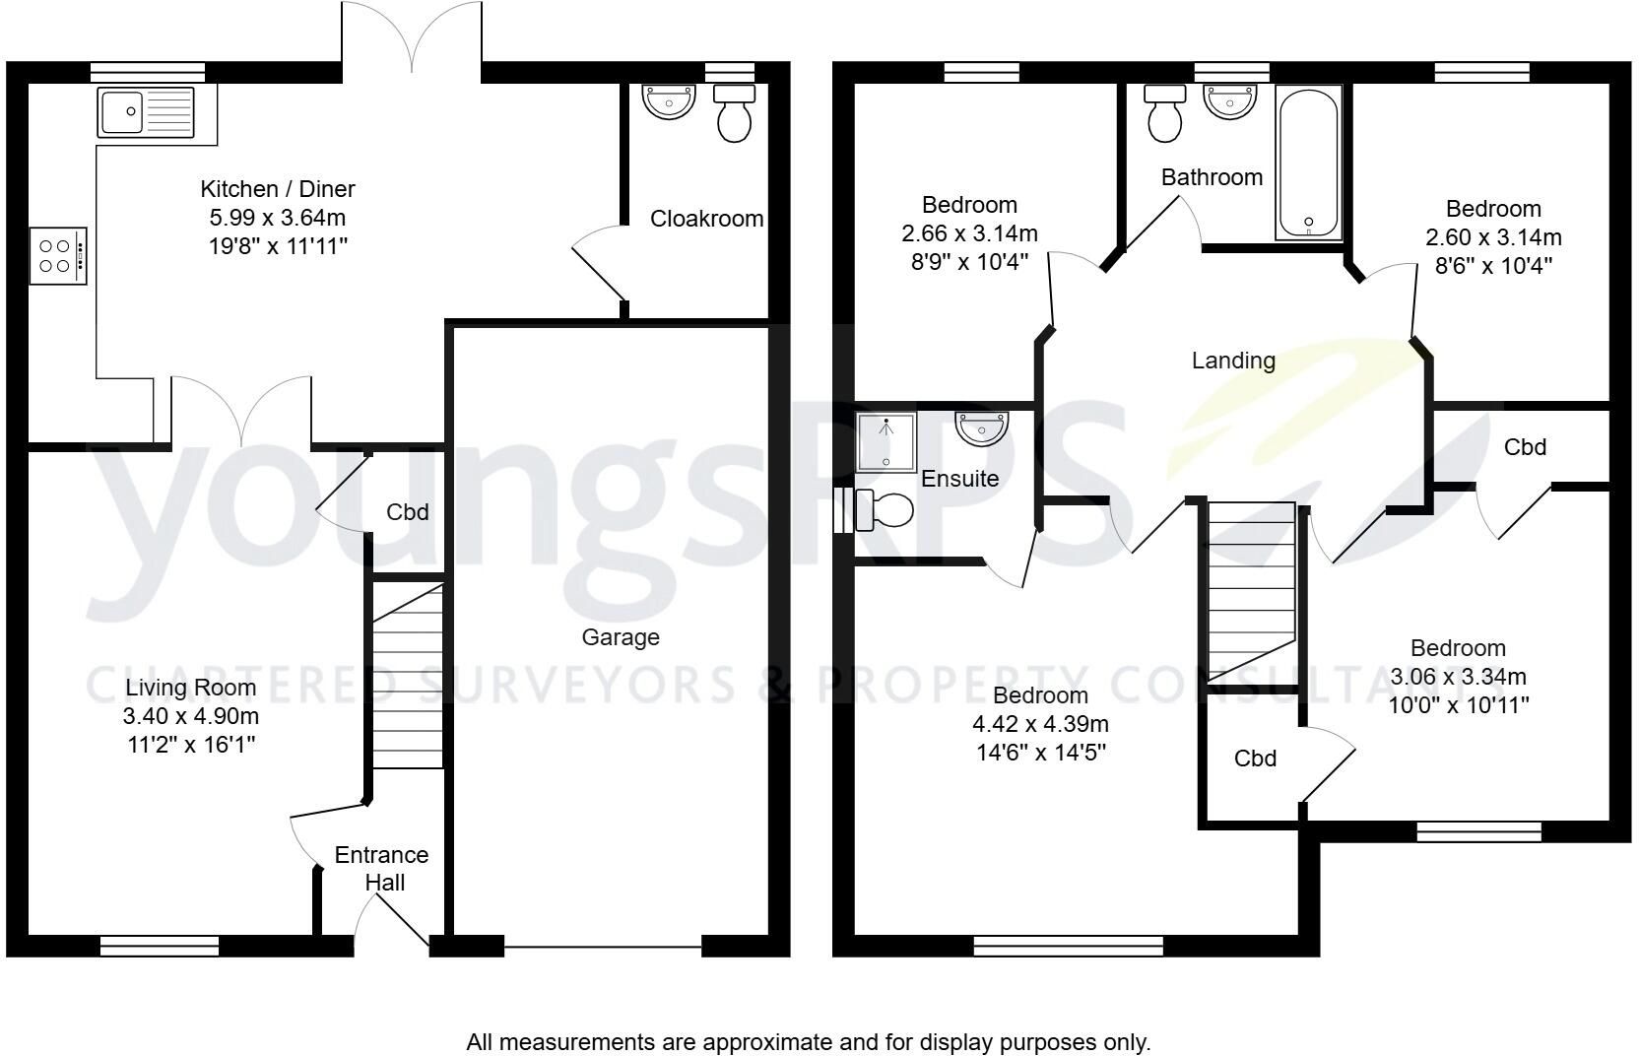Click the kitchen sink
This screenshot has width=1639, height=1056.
coord(146,112)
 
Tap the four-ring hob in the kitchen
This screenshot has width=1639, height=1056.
coord(58,255)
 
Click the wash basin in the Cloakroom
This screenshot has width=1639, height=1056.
coord(669,101)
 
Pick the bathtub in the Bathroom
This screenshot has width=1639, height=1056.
coord(1308,164)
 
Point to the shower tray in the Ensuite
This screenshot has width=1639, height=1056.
coord(886,442)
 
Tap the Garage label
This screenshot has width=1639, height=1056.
coord(621,637)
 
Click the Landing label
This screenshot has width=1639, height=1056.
coord(1233,361)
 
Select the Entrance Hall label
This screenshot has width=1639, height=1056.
coord(382,869)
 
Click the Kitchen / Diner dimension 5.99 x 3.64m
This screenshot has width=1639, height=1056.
coord(278,218)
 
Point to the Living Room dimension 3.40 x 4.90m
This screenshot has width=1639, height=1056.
coord(191,716)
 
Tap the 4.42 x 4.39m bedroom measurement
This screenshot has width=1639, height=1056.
coord(1040,724)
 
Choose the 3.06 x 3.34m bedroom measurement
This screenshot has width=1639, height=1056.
coord(1459,676)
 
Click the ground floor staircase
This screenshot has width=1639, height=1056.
coord(409,676)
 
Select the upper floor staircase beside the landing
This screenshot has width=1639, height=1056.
coord(1251,591)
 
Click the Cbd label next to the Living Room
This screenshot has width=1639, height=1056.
coord(408,511)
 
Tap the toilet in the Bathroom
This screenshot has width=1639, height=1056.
coord(1165,113)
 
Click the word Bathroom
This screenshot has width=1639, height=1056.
coord(1212,177)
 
